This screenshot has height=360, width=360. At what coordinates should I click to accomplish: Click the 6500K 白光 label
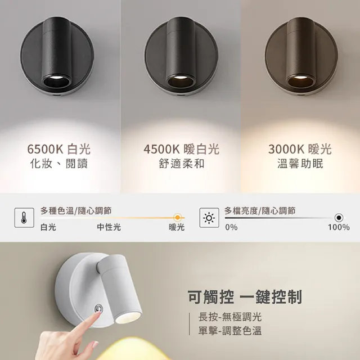click(58, 149)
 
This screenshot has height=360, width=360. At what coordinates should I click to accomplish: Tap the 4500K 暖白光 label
click(181, 149)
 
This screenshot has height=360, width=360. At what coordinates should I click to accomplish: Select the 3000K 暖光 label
click(300, 149)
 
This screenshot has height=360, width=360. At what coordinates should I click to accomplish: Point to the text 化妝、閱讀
click(58, 164)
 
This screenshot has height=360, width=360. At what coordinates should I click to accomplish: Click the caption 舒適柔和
click(181, 164)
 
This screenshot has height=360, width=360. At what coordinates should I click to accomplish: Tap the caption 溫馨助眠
click(300, 164)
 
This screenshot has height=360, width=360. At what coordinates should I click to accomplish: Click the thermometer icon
click(24, 218)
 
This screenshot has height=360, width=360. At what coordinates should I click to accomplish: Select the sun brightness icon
click(209, 218)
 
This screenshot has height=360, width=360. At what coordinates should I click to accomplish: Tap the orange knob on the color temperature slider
click(178, 217)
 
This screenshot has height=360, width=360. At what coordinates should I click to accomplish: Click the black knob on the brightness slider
click(339, 218)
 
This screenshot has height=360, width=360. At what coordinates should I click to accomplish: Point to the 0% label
click(231, 227)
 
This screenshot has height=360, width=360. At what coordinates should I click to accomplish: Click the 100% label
click(339, 227)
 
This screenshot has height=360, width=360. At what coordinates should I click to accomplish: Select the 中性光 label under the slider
click(109, 227)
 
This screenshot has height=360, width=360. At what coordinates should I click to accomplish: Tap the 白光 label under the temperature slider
click(48, 227)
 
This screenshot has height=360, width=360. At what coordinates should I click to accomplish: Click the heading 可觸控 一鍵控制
click(245, 296)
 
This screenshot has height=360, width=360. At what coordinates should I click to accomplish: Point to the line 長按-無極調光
click(230, 317)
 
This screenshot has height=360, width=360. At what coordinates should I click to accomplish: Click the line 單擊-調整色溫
click(230, 331)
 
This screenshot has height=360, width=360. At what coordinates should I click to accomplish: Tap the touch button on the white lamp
click(99, 308)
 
